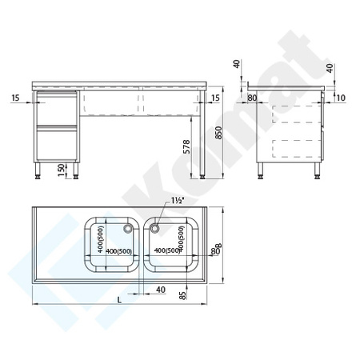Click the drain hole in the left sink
(126, 227)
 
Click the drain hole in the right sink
(156, 227)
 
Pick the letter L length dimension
(119, 299)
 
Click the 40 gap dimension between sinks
(161, 290)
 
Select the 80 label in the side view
(253, 98)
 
